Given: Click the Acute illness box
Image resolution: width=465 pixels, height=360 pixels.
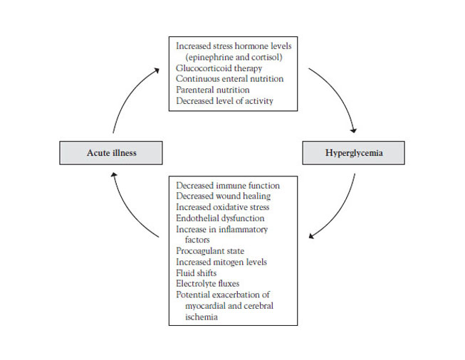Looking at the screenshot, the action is [x=111, y=153].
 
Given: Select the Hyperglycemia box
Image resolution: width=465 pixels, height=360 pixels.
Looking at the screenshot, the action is [x=353, y=153].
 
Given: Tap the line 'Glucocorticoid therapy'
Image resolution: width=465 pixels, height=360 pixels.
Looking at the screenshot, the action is [x=219, y=68].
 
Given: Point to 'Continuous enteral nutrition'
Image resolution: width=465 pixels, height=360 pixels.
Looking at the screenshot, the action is [x=229, y=79].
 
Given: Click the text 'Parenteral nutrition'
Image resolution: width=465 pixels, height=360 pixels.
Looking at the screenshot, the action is [x=213, y=90].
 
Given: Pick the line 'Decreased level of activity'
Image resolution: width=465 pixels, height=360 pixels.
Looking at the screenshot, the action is [x=224, y=101].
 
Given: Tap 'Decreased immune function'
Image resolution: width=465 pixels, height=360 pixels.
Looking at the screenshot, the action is [x=228, y=186].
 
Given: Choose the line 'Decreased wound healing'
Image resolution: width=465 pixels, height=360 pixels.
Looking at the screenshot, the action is [x=224, y=196].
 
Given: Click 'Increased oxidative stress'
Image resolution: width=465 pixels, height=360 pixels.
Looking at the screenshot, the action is [x=222, y=207].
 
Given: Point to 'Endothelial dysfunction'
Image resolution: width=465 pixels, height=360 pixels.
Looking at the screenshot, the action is [x=220, y=218].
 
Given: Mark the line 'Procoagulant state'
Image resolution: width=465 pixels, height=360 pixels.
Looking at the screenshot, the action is [x=210, y=251].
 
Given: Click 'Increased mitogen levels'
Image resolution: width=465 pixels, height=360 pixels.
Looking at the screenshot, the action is [x=221, y=262].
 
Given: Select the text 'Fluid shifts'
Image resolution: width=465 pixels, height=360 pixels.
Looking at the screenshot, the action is [x=196, y=273].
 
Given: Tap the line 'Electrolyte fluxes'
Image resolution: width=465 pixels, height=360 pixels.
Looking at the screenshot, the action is [x=208, y=284].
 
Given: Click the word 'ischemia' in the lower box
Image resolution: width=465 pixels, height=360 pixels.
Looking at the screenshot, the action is [x=202, y=317].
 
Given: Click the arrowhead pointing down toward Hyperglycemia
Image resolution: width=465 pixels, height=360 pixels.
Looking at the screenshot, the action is [x=353, y=130].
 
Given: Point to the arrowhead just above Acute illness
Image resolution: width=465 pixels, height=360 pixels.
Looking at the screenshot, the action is [x=114, y=175].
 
